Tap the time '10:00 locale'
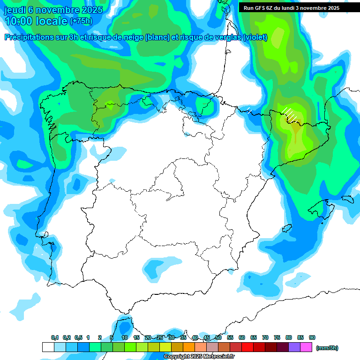tap(36, 21)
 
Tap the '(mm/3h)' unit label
tap(327, 348)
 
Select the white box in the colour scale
tap(48, 347)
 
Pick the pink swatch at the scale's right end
tap(306, 347)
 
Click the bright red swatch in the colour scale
tap(247, 347)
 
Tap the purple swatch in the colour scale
tap(294, 347)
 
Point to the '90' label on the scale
tap(312, 337)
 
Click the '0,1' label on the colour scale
tap(55, 337)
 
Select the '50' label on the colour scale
tap(218, 337)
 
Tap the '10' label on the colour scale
tap(125, 337)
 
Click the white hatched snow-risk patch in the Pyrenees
tap(290, 113)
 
